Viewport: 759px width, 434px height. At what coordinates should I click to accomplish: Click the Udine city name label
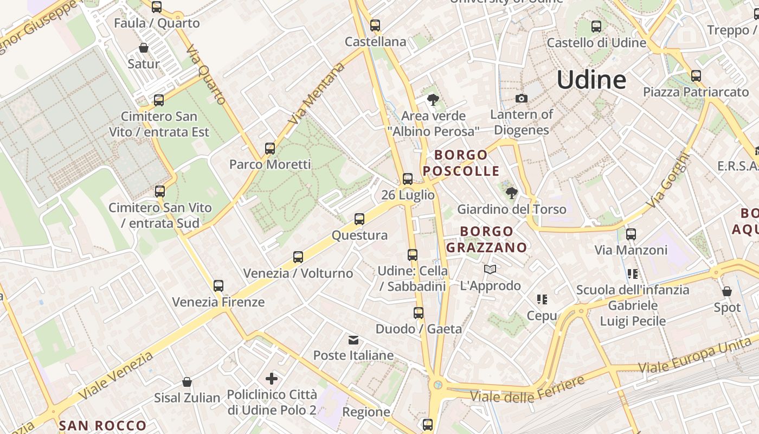click(591, 80)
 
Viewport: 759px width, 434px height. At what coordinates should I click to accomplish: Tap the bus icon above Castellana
click(375, 25)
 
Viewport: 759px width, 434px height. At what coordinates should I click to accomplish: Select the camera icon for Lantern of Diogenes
click(521, 98)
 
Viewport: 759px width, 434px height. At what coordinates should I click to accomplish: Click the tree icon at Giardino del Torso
click(511, 193)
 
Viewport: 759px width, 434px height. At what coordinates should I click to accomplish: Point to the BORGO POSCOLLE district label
click(461, 163)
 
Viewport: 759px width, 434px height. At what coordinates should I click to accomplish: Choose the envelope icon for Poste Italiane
click(353, 340)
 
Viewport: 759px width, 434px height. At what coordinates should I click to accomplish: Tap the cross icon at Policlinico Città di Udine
click(272, 379)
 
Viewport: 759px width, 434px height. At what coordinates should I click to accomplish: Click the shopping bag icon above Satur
click(144, 48)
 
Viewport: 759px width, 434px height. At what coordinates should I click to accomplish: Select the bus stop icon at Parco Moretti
click(269, 148)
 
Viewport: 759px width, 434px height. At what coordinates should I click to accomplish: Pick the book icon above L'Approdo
click(490, 270)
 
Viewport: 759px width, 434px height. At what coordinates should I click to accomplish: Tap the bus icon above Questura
click(359, 219)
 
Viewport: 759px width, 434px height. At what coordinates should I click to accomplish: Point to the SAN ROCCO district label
click(102, 425)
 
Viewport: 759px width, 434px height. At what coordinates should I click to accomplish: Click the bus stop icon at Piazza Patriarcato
click(696, 76)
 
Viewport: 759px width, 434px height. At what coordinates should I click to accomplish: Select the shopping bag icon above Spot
click(726, 292)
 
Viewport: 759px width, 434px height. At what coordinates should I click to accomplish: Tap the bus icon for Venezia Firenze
click(218, 286)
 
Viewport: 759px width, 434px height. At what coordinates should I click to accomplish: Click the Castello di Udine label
click(596, 43)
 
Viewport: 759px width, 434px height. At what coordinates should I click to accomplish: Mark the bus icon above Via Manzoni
click(631, 234)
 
